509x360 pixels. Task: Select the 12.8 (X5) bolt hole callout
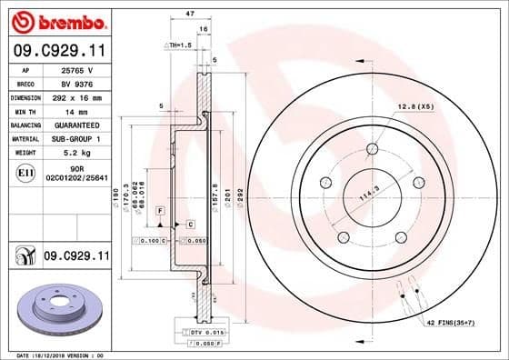point(413,107)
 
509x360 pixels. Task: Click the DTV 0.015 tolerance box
point(207,335)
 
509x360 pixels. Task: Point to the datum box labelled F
point(159,210)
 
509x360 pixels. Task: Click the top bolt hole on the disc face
point(373,150)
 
